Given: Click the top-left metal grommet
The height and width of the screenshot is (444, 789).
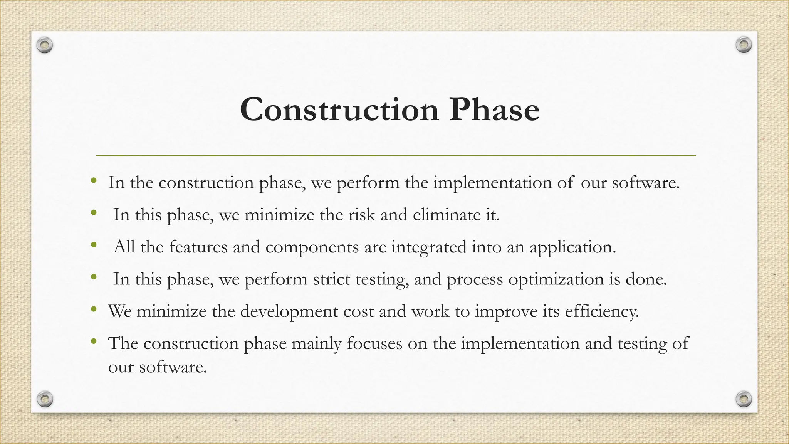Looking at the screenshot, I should click(x=45, y=45).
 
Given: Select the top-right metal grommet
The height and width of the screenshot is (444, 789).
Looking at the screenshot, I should click(x=744, y=45).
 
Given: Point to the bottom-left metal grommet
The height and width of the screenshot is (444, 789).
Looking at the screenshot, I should click(x=45, y=399).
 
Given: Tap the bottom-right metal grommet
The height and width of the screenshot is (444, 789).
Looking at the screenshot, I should click(x=744, y=399).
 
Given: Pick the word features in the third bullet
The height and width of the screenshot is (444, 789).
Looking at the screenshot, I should click(x=198, y=247).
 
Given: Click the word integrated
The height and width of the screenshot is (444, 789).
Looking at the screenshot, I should click(x=429, y=247).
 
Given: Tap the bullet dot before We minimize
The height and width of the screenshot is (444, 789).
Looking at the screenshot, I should click(x=93, y=309).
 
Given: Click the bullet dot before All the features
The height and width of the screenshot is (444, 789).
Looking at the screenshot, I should click(x=93, y=245).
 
